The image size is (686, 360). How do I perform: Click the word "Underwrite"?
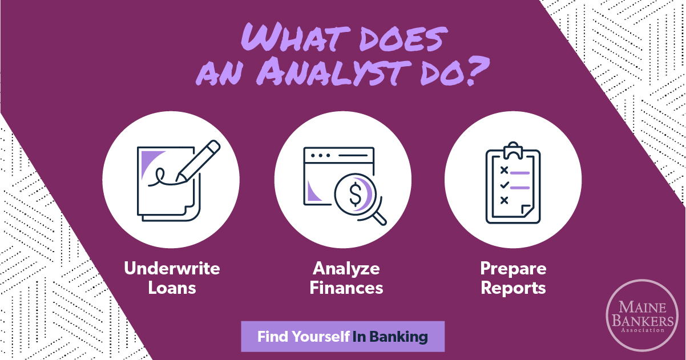[172, 269]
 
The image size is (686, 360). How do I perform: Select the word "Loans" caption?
[172, 288]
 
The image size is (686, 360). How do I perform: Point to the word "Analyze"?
[346, 269]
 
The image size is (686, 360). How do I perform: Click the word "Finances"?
[346, 288]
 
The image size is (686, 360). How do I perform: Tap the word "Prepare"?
[513, 269]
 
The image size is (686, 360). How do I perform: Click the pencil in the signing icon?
[198, 161]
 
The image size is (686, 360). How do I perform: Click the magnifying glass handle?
[380, 219]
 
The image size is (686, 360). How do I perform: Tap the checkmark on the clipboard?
[504, 185]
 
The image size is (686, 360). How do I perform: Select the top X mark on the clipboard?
[504, 170]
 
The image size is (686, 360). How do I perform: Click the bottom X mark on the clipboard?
[504, 200]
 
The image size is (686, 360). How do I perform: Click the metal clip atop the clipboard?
[513, 150]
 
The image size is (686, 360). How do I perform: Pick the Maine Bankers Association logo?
[642, 315]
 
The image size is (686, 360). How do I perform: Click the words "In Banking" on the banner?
[390, 337]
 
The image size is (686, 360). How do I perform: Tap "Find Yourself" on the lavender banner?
[304, 337]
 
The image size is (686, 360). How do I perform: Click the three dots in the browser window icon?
[320, 156]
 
